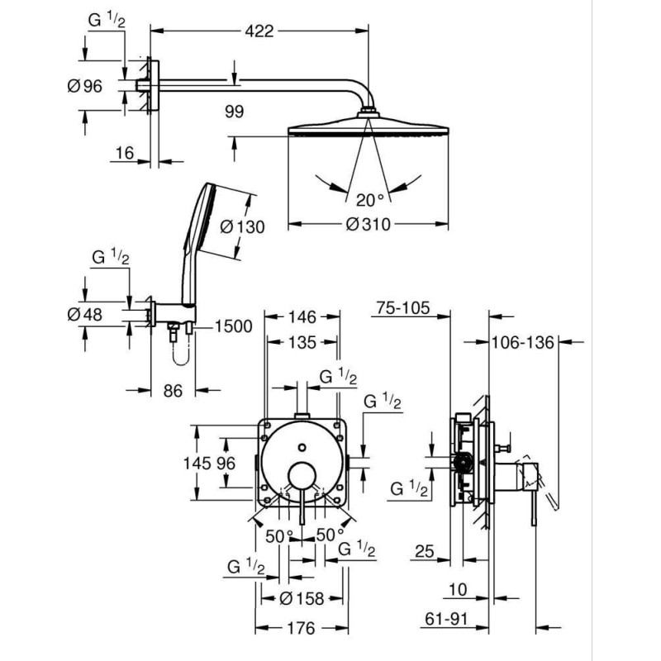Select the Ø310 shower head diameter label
pos(368,224)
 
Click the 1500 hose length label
pos(234,327)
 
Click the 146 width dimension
pos(302,316)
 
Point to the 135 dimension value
pos(302,343)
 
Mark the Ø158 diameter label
pos(302,598)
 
